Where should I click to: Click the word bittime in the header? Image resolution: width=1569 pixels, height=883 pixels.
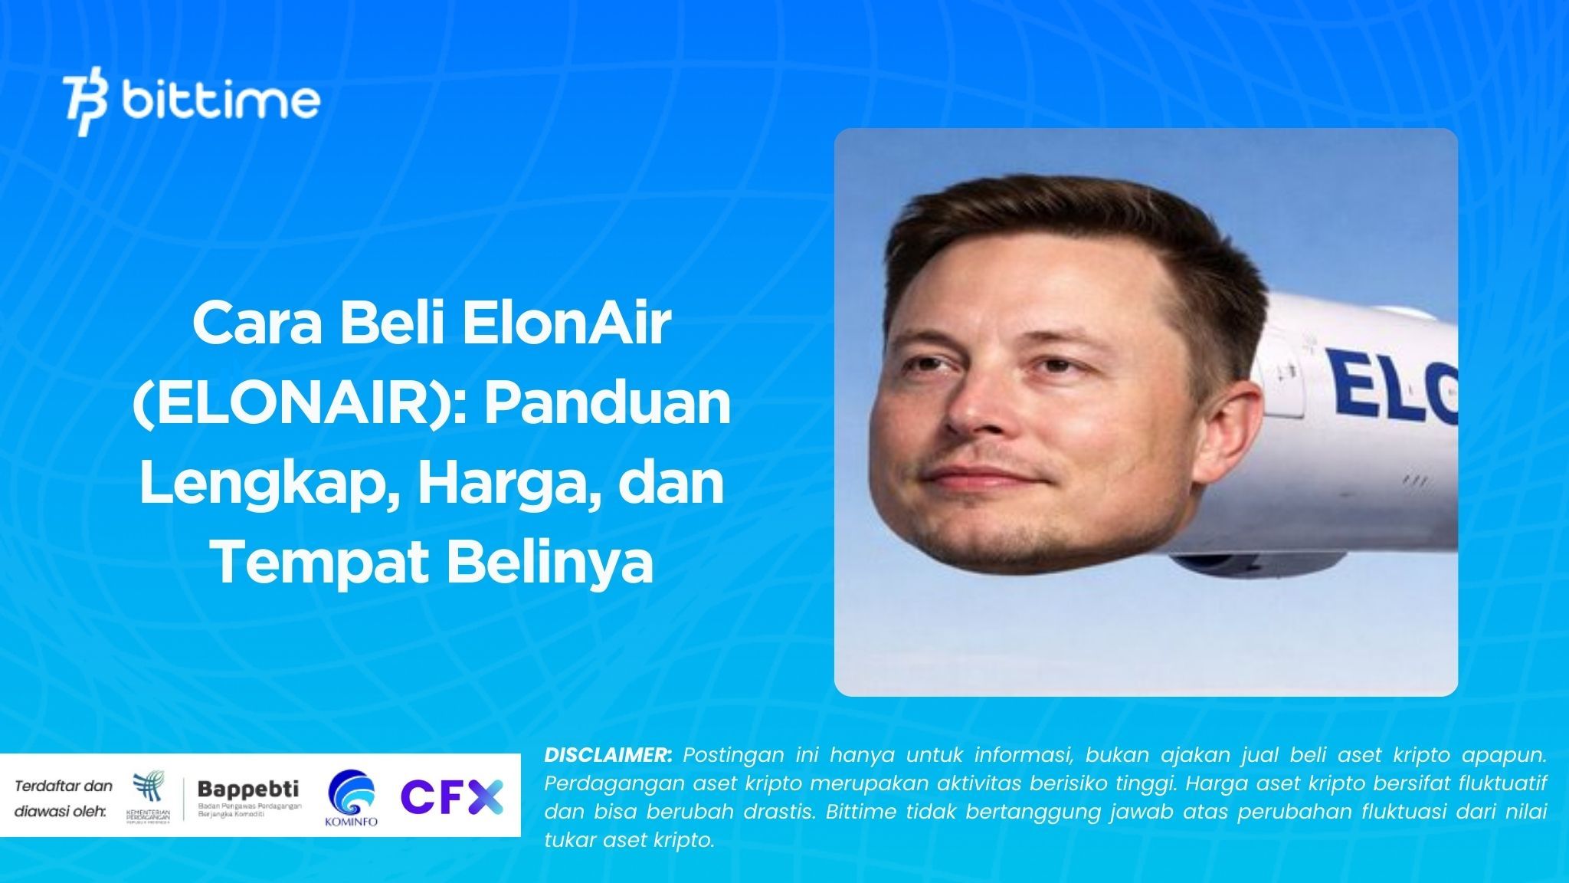click(221, 101)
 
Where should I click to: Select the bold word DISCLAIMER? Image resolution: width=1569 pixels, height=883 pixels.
click(608, 755)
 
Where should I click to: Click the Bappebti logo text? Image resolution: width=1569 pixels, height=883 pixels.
click(248, 789)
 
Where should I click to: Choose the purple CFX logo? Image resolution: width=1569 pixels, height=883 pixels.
click(452, 796)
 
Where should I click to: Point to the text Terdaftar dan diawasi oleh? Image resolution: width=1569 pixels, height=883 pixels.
click(64, 797)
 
